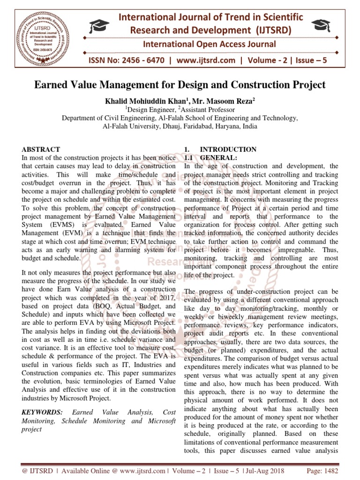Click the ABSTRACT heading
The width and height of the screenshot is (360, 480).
coord(41,150)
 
